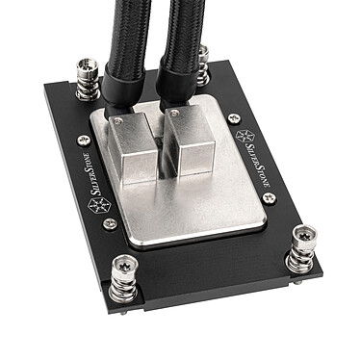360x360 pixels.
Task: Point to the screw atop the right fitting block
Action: [175, 115]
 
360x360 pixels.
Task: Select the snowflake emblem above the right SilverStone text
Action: [244, 135]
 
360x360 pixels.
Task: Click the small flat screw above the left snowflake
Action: [83, 141]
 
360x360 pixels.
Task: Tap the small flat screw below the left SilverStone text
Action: [109, 223]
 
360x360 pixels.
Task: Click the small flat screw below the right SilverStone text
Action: [270, 197]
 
